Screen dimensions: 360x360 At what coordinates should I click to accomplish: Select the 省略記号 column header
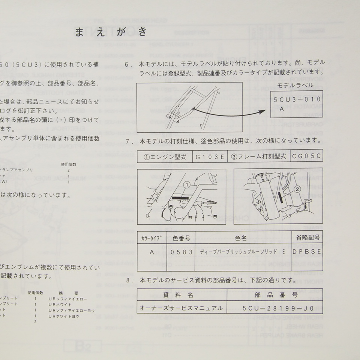[306, 237]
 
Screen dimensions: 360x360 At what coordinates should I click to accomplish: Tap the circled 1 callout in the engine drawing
[188, 184]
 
